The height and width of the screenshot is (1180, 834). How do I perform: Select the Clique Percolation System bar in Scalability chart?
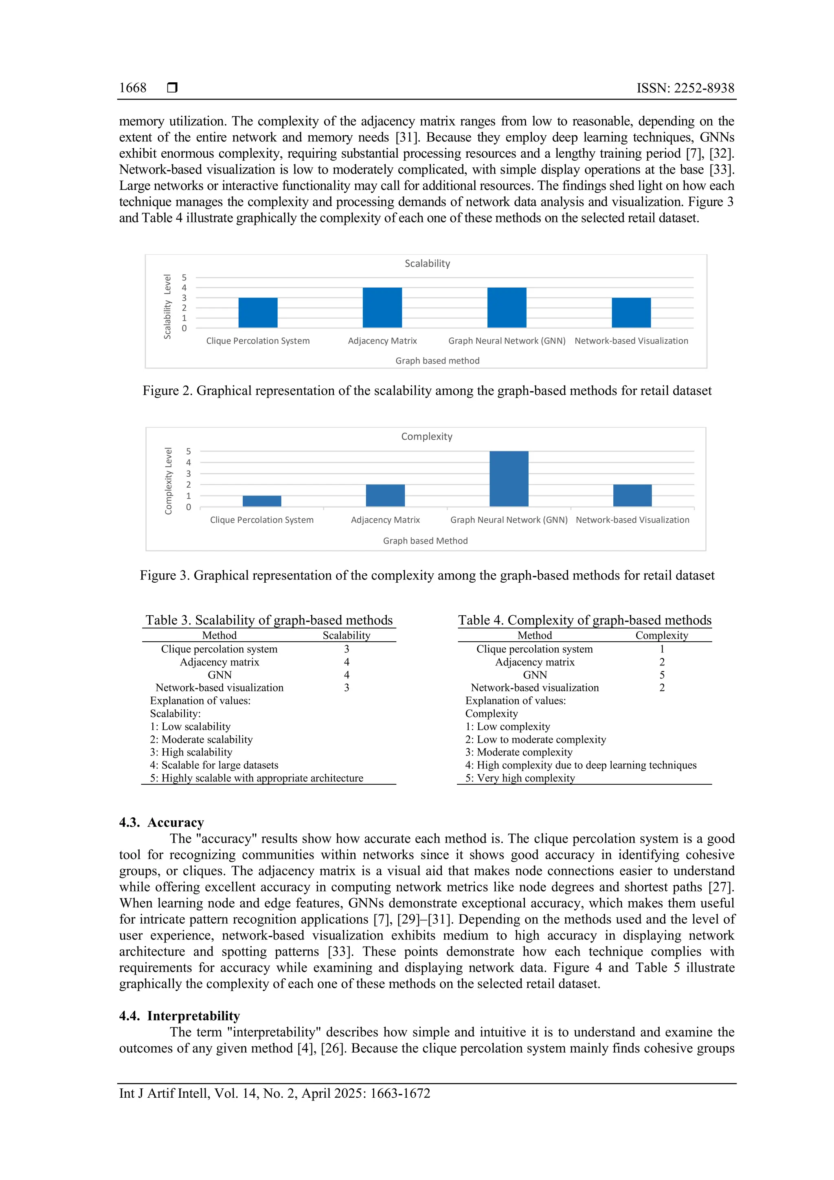pyautogui.click(x=258, y=313)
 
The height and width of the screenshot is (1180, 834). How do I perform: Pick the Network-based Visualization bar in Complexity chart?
pyautogui.click(x=632, y=495)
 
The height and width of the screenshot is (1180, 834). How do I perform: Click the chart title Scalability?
pyautogui.click(x=427, y=264)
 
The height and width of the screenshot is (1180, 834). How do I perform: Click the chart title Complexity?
pyautogui.click(x=426, y=436)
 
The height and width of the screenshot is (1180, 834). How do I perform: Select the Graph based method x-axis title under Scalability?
pyautogui.click(x=437, y=361)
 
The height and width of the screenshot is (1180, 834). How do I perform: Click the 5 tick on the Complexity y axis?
pyautogui.click(x=189, y=451)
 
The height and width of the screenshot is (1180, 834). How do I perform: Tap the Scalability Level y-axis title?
pyautogui.click(x=167, y=306)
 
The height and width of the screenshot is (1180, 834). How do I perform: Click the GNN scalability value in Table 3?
pyautogui.click(x=346, y=675)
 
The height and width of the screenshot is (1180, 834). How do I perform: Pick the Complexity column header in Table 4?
pyautogui.click(x=661, y=635)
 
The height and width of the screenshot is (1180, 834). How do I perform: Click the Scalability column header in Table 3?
pyautogui.click(x=346, y=635)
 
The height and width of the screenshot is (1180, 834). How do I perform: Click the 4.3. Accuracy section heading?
pyautogui.click(x=161, y=822)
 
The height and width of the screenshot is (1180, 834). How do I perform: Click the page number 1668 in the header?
pyautogui.click(x=132, y=88)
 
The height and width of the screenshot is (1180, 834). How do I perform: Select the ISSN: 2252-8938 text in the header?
pyautogui.click(x=685, y=88)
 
